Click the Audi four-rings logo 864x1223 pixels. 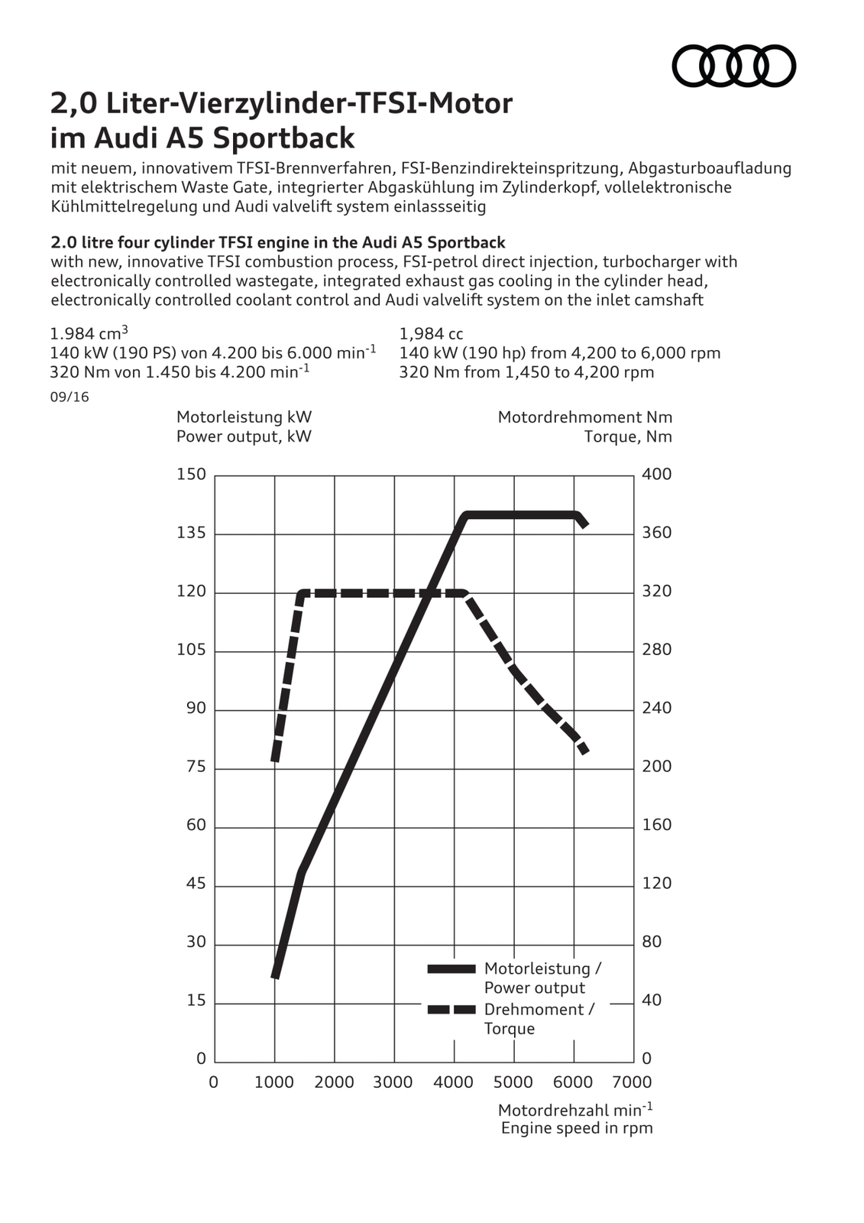coord(733,66)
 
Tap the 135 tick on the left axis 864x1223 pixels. coord(191,533)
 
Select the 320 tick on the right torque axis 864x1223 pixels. coord(656,591)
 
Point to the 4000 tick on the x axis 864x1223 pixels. coord(454,1082)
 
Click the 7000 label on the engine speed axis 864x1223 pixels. coord(632,1082)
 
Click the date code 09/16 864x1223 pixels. coord(69,397)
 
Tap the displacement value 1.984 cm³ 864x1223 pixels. coord(89,333)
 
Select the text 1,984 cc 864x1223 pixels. coord(431,334)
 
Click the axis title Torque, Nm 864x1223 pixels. coord(628,436)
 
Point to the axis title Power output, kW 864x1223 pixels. coord(244,436)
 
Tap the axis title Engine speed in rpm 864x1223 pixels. coord(577,1128)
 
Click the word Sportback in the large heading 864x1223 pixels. coord(283,138)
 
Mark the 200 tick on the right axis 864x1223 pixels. coord(656,766)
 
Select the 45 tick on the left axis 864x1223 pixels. coord(196,884)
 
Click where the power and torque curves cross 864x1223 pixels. coord(430,592)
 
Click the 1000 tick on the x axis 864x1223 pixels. coord(274,1082)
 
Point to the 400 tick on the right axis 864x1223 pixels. coord(656,474)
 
